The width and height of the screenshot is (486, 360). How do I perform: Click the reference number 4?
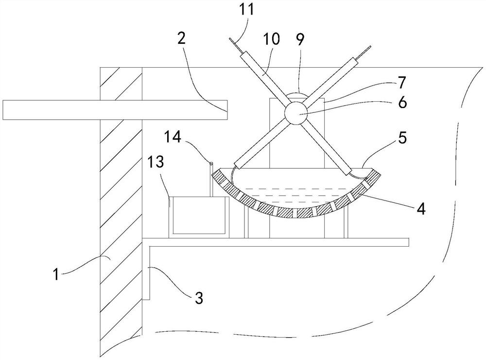(x=421, y=209)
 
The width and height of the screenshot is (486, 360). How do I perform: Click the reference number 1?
(x=57, y=275)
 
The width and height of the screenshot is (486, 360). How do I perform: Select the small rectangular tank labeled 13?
(x=198, y=216)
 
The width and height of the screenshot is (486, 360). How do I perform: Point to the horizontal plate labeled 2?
(x=115, y=109)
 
